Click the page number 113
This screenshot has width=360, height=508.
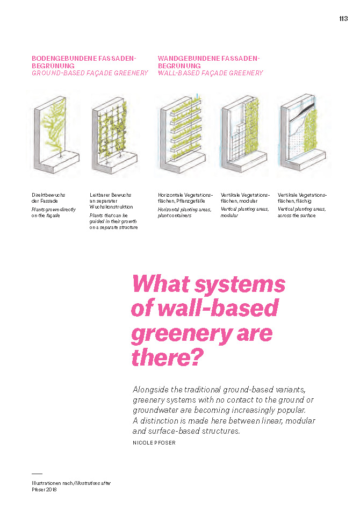point(343,18)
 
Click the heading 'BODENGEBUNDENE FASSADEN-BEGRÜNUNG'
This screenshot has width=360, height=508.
point(84,61)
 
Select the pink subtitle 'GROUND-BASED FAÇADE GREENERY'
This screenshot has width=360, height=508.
point(90,73)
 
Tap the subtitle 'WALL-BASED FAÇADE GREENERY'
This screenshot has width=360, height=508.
point(211,73)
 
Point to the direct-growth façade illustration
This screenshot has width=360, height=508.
point(56,132)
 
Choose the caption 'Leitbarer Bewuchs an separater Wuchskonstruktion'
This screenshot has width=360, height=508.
point(111,201)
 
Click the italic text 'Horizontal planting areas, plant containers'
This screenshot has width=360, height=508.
point(185,212)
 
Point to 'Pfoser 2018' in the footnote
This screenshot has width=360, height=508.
point(44,489)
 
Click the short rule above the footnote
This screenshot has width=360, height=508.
point(37,474)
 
